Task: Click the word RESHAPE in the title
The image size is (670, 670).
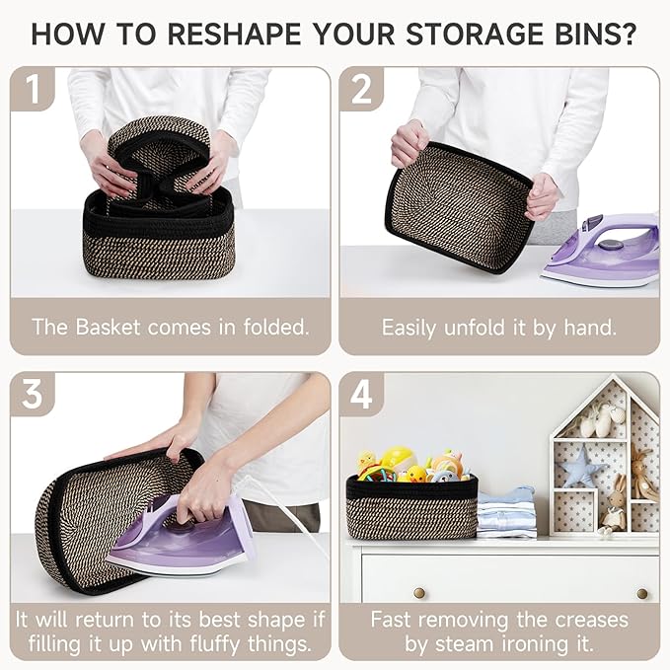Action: pos(235,35)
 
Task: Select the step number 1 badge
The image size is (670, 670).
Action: pos(33,89)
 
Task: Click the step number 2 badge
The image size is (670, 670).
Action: pos(361,89)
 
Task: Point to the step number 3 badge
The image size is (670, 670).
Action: pos(33,394)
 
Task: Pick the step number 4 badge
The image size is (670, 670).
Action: pos(361,394)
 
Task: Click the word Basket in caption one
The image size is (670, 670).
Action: pos(108,328)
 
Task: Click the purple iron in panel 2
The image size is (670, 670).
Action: pos(603,251)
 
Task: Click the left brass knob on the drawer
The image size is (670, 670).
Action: pos(419,593)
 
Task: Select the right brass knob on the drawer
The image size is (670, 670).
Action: pos(641,593)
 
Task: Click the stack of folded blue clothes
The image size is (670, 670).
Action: pos(507,512)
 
